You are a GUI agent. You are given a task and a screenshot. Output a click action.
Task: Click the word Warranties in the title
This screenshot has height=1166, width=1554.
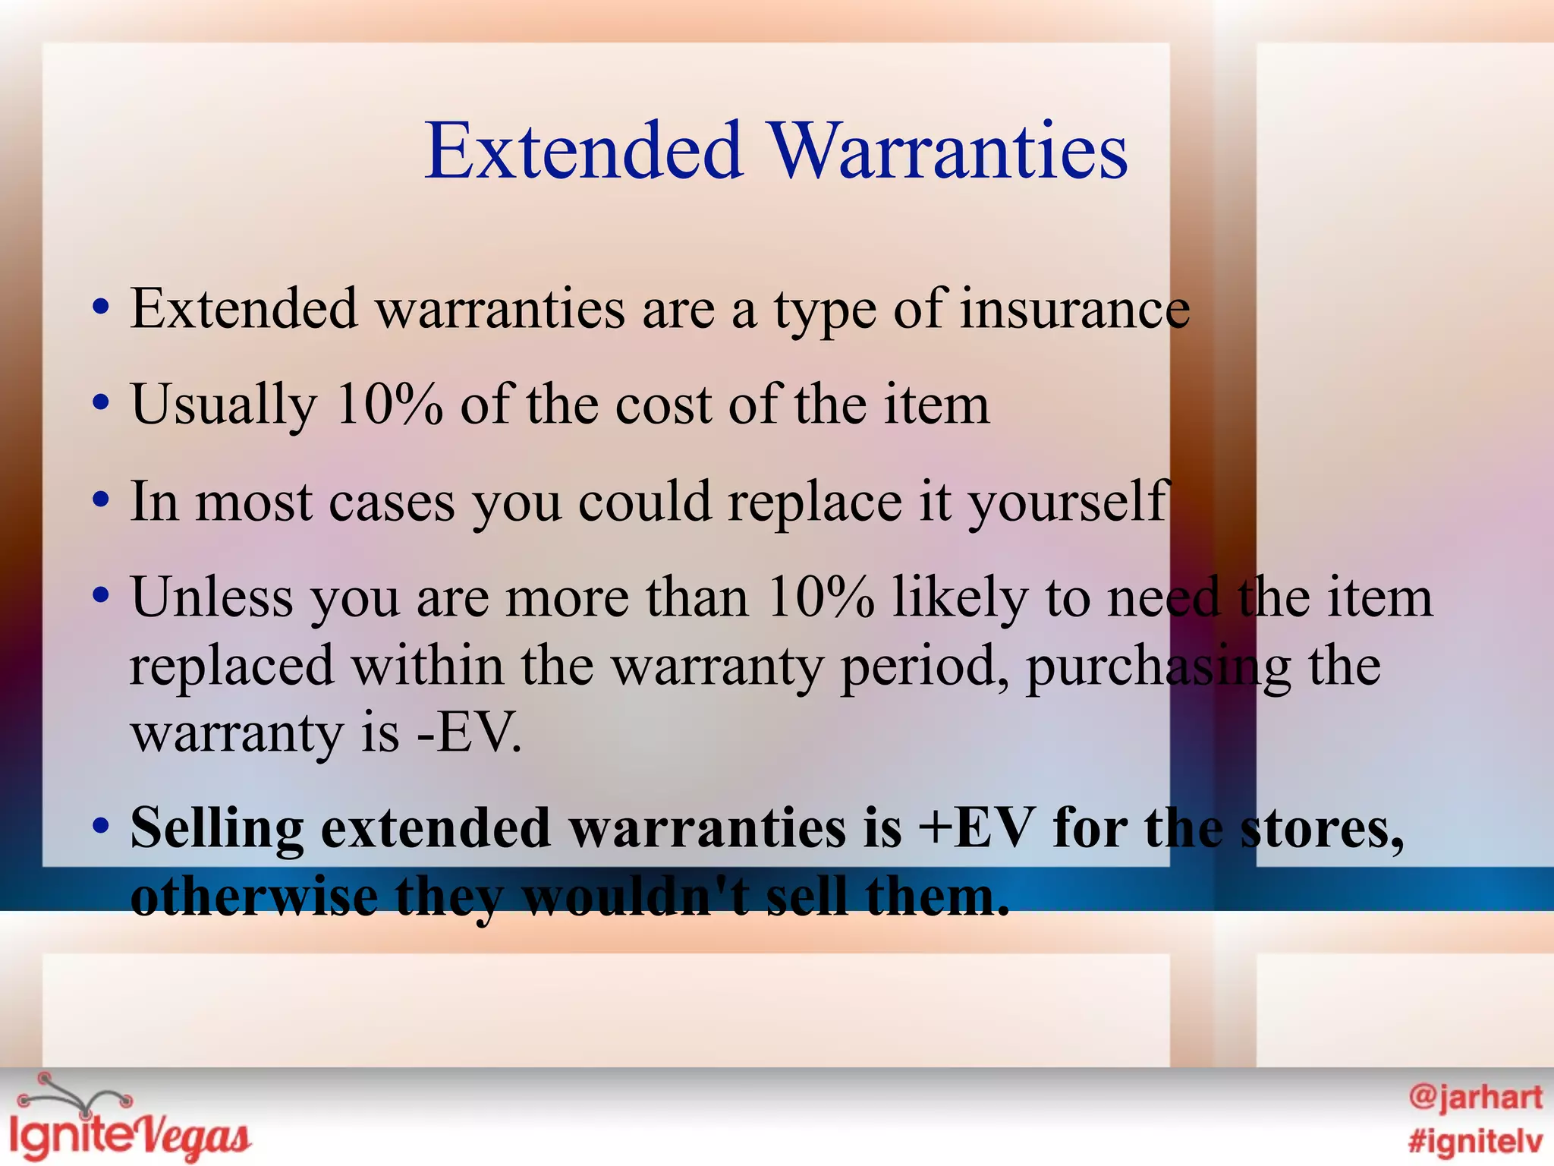pyautogui.click(x=950, y=151)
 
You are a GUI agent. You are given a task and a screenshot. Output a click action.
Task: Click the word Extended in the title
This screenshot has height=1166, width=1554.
pyautogui.click(x=584, y=151)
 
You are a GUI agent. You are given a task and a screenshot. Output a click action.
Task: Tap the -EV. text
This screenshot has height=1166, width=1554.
pyautogui.click(x=470, y=733)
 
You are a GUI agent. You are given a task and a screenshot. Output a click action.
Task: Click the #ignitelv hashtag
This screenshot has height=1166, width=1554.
pyautogui.click(x=1475, y=1141)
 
